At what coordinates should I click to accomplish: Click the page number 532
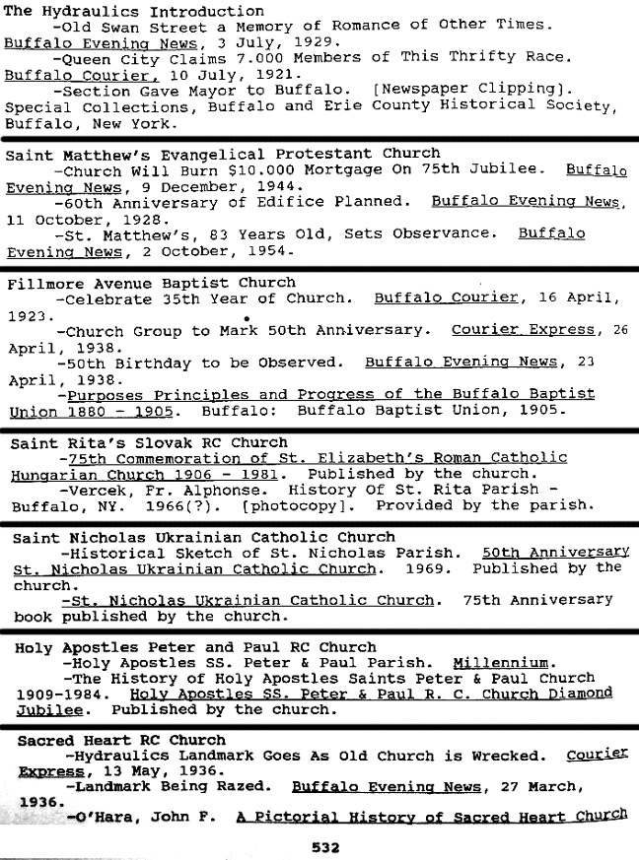[x=325, y=846]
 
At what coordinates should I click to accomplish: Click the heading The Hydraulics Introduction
[x=120, y=10]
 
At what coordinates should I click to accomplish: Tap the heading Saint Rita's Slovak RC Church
[x=149, y=443]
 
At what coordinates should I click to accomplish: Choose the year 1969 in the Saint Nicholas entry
[x=426, y=568]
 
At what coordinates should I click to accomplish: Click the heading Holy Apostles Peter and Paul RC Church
[x=195, y=647]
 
